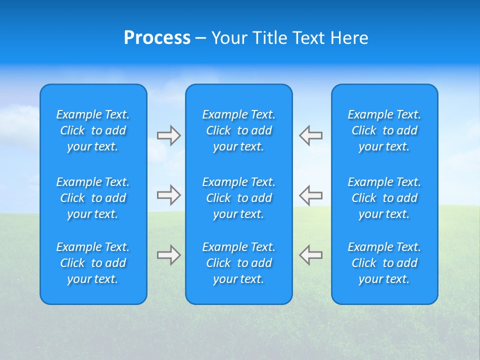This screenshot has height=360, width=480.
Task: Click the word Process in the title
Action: pos(157,38)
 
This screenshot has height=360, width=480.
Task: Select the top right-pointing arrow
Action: pos(169,135)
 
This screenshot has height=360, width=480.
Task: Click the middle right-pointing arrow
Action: pos(169,195)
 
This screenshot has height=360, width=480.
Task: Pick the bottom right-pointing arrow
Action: pos(169,254)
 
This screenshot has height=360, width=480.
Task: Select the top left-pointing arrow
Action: pos(310,135)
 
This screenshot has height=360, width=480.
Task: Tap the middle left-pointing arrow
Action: pos(310,195)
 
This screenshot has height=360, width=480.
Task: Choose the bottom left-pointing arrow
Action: pos(310,254)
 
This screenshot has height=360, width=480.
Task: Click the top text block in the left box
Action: pos(93,130)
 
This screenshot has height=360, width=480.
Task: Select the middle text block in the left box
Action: pos(93,198)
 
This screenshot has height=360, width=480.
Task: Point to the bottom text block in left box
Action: pos(93,263)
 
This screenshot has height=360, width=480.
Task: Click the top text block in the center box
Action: pos(238,130)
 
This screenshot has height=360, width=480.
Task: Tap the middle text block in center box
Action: pos(238,198)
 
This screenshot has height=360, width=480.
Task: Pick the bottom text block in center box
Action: pos(238,263)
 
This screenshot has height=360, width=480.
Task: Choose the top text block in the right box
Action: pos(384,130)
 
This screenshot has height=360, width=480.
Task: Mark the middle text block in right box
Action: pos(384,198)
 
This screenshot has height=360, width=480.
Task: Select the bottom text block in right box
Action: pos(384,263)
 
